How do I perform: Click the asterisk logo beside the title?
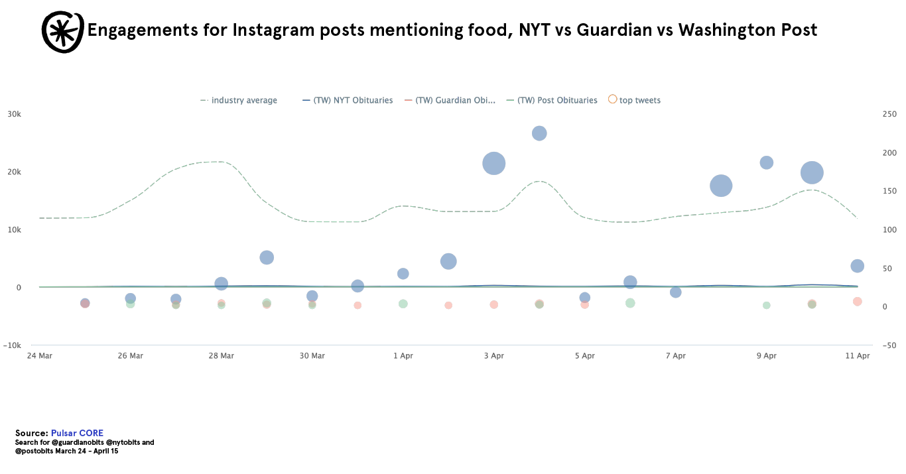tap(62, 31)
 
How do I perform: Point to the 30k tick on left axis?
tap(14, 114)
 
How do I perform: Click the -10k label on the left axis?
tap(12, 345)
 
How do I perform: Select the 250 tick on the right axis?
tap(889, 114)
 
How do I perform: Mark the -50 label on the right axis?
tap(889, 345)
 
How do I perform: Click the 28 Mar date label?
tap(221, 356)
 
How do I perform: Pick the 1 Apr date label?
tap(403, 356)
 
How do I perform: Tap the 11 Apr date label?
tap(857, 356)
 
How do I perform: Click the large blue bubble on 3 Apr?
tap(493, 163)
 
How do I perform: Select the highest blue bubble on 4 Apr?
tap(539, 133)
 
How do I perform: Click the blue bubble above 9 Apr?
tap(767, 162)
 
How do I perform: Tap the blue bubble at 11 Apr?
tap(857, 266)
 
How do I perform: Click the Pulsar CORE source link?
tap(77, 433)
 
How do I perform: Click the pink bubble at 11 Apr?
tap(857, 302)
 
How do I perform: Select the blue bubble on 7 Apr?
tap(676, 292)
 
